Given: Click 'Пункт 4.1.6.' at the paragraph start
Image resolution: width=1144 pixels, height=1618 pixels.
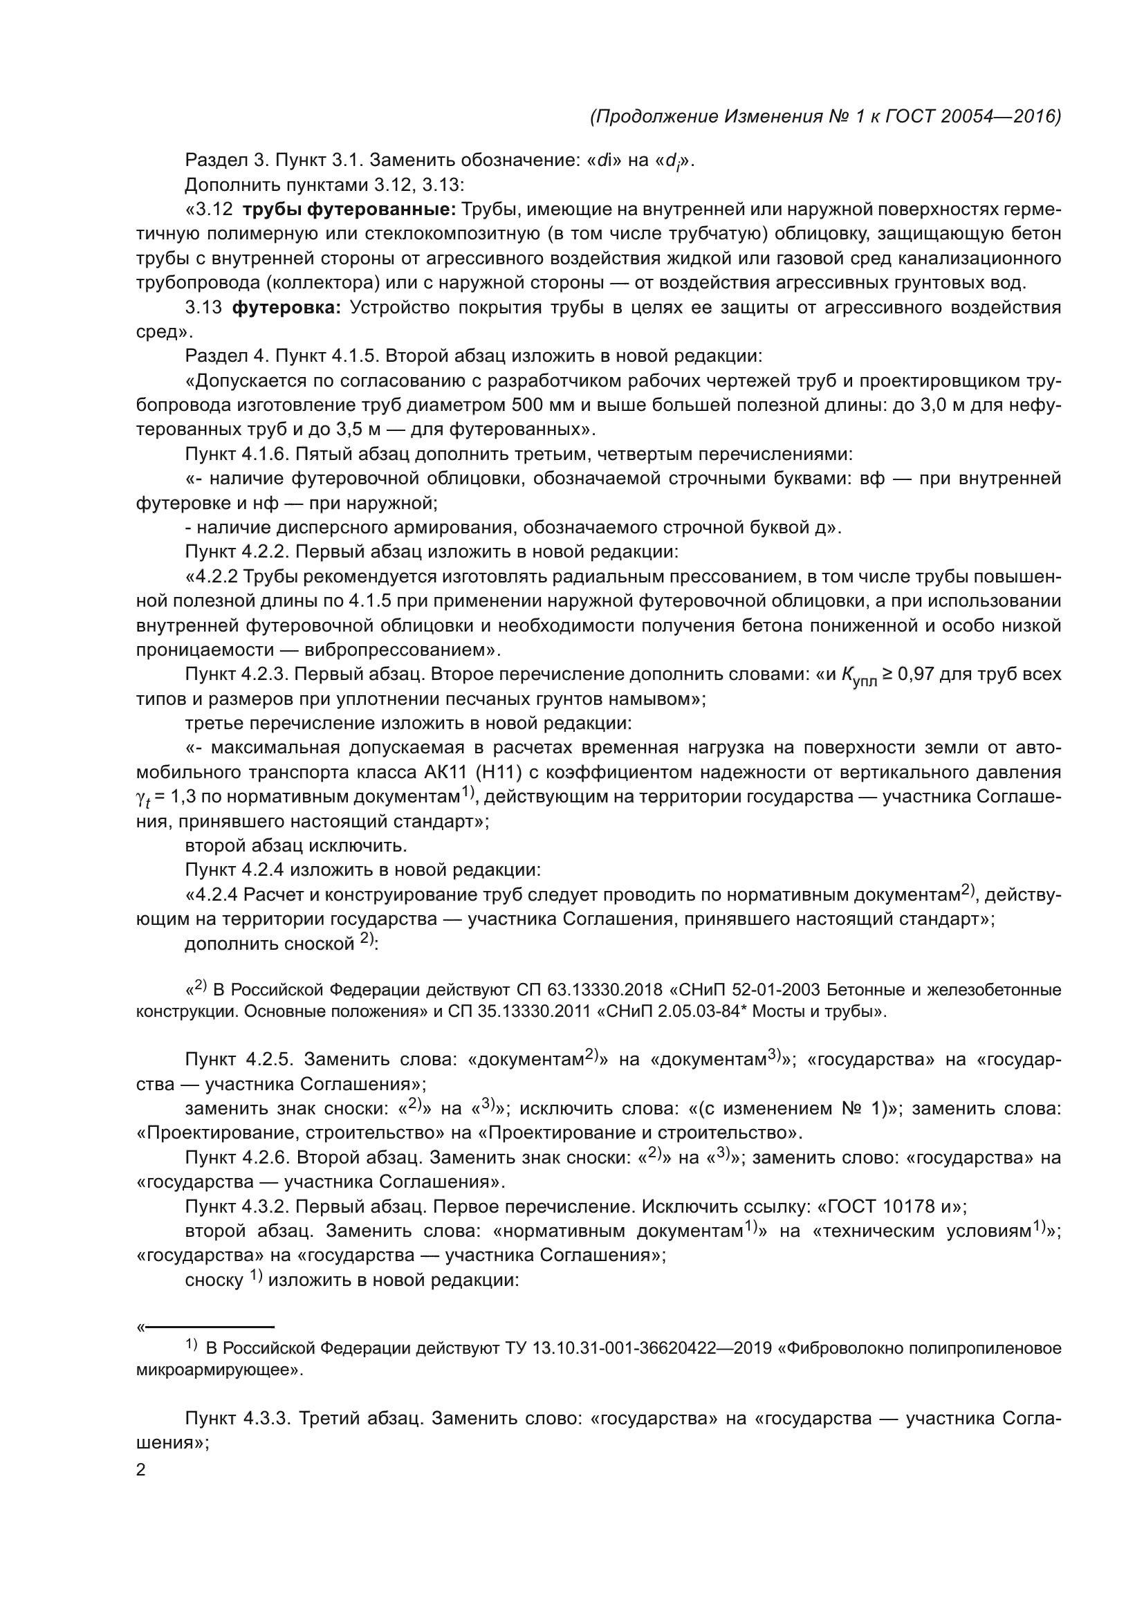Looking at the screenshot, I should point(237,454).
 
